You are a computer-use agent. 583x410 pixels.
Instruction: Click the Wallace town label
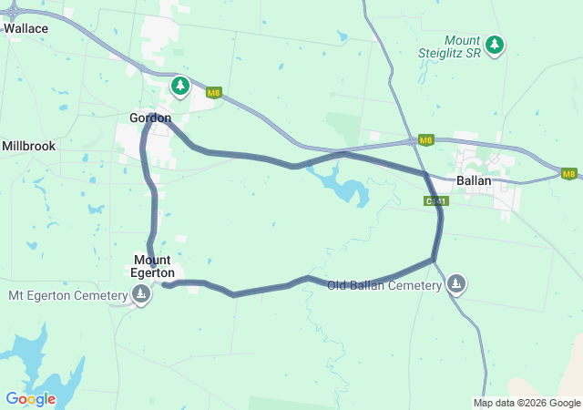click(x=26, y=28)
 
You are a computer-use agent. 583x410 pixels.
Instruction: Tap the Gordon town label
click(x=150, y=118)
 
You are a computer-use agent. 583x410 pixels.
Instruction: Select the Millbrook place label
click(x=28, y=146)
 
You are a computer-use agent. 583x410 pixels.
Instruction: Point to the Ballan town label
click(x=474, y=180)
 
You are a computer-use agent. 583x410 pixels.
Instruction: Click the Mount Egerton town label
click(x=152, y=266)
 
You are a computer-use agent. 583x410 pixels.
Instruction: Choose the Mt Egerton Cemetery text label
click(x=66, y=295)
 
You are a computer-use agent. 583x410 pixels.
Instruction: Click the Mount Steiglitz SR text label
click(x=462, y=47)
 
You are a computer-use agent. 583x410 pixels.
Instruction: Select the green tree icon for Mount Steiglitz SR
click(x=495, y=44)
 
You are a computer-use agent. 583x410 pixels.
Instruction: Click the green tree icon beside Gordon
click(x=180, y=87)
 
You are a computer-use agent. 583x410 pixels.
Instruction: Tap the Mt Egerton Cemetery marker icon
click(x=141, y=294)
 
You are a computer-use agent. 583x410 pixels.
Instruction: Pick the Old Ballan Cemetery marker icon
click(x=456, y=285)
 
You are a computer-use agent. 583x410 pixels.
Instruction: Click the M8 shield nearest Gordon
click(x=213, y=92)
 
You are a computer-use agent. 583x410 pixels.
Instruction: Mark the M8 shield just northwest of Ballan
click(x=425, y=140)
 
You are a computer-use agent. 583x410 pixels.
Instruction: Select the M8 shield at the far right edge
click(x=568, y=173)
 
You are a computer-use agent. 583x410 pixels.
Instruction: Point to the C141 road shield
click(x=435, y=201)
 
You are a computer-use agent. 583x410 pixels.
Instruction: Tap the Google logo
click(x=30, y=399)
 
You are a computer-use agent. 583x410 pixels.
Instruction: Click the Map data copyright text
click(x=527, y=403)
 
